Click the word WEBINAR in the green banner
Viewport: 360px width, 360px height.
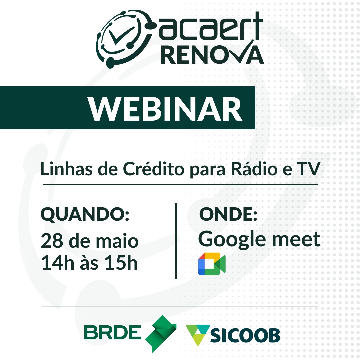click(x=165, y=108)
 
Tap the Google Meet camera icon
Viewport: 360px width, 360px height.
click(x=212, y=264)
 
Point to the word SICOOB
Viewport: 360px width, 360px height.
click(x=245, y=336)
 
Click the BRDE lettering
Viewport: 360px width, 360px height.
click(x=113, y=332)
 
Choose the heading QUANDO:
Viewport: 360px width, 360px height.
click(x=85, y=214)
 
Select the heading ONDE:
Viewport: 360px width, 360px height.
click(x=228, y=214)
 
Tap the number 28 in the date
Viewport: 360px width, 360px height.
click(x=52, y=241)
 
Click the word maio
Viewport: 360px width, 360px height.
click(x=117, y=241)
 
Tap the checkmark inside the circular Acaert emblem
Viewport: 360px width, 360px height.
click(x=121, y=36)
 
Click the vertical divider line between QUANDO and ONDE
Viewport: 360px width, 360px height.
click(x=176, y=241)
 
